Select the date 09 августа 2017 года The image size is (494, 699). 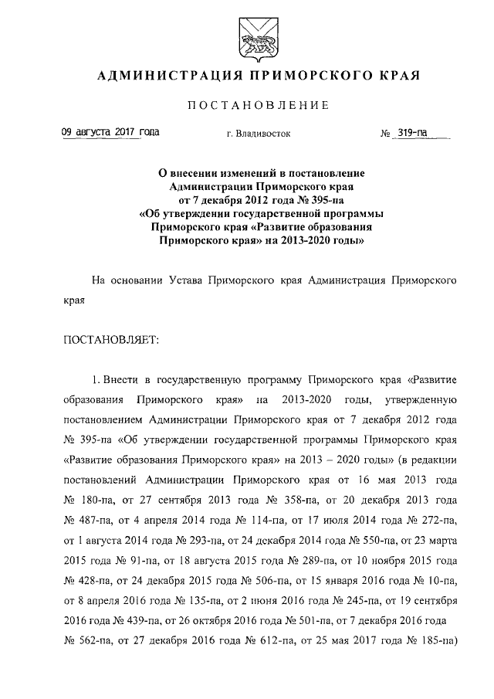tap(110, 133)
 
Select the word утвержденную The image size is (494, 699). tap(428, 402)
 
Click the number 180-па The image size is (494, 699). tap(106, 499)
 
